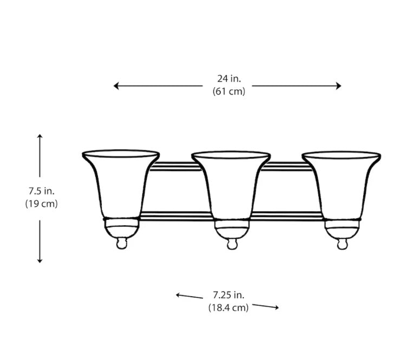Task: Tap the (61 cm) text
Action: pos(228,91)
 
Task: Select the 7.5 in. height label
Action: pos(41,191)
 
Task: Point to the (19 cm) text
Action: pos(41,204)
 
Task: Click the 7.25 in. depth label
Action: pos(228,295)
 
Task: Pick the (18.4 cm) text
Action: pos(228,307)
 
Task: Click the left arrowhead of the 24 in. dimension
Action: pos(116,86)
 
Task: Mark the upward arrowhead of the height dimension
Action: pos(40,136)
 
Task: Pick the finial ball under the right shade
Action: pos(342,245)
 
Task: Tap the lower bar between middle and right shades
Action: pos(287,216)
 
